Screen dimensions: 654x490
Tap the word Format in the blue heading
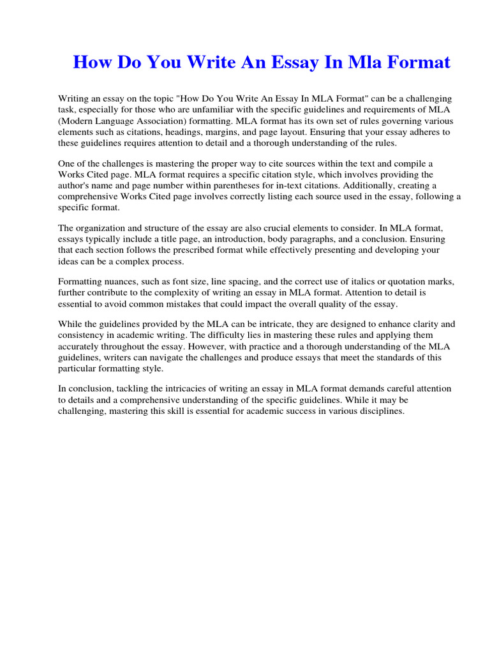coord(417,63)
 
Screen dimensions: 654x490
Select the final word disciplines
coord(381,412)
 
